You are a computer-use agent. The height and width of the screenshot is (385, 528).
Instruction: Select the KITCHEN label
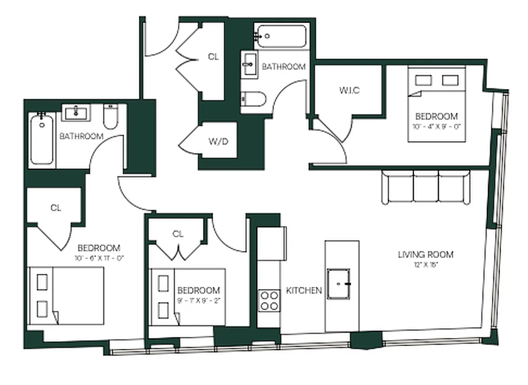[304, 290]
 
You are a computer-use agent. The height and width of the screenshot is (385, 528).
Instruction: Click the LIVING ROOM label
[426, 255]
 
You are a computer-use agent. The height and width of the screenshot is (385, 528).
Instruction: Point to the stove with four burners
[269, 300]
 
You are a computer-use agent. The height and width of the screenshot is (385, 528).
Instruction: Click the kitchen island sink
[339, 283]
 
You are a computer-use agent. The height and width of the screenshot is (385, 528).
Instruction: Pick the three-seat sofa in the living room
[426, 187]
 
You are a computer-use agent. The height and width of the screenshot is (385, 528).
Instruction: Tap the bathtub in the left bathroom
[42, 139]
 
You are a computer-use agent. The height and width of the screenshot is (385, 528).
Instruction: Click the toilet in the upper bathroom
[253, 100]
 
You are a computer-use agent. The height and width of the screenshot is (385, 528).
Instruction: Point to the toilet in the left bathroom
[110, 118]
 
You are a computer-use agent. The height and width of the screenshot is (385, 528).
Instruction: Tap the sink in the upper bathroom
[250, 64]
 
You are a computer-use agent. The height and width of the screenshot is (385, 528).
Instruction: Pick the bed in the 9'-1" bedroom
[189, 295]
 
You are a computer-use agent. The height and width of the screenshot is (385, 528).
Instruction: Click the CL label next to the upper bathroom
[213, 57]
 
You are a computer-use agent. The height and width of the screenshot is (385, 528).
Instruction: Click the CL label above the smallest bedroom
[178, 234]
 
